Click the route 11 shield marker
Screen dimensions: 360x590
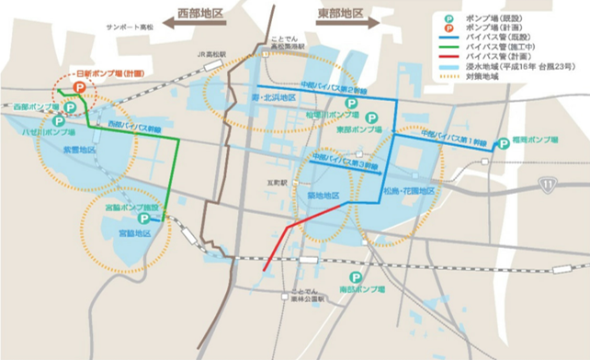[548, 185]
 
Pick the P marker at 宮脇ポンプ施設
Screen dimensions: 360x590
[143, 219]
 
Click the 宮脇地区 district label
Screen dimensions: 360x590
[133, 234]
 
